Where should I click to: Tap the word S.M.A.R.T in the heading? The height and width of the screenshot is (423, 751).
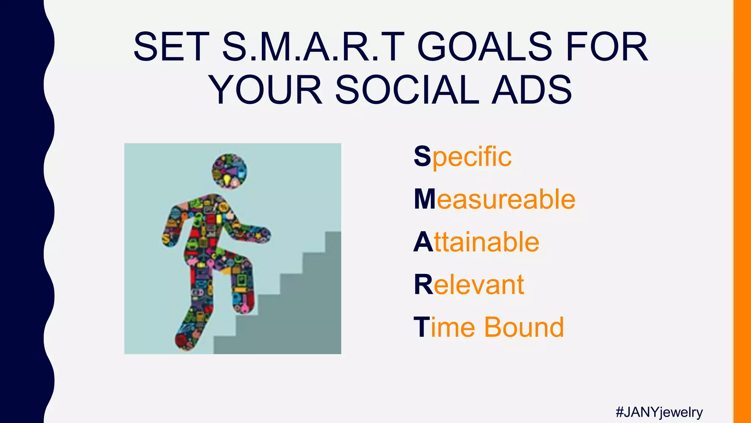click(314, 47)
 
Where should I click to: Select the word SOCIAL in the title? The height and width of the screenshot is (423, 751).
click(407, 90)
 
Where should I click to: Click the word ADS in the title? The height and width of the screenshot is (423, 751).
click(532, 90)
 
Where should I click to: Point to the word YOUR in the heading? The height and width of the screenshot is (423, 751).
click(266, 90)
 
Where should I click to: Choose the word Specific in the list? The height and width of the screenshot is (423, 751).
click(463, 157)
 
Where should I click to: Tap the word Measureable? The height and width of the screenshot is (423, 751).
click(495, 199)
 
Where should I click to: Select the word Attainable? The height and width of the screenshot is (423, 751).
click(476, 242)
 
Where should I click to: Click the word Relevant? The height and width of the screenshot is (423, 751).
click(469, 285)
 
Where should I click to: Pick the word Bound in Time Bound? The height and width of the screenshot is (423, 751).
click(524, 327)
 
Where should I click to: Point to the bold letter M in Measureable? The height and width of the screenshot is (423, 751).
click(425, 199)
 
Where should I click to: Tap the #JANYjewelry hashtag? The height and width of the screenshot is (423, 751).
click(659, 412)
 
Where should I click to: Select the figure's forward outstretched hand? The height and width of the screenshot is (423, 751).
click(262, 235)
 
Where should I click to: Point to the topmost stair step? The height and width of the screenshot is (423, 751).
click(333, 235)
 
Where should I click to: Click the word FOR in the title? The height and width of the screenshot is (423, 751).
click(607, 47)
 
